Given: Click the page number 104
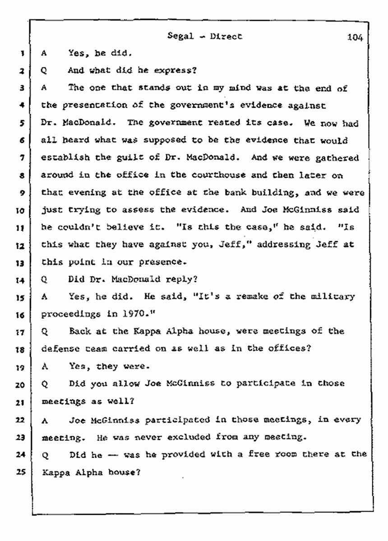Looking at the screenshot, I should coord(356,37).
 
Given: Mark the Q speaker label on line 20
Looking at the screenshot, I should coord(44,384).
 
